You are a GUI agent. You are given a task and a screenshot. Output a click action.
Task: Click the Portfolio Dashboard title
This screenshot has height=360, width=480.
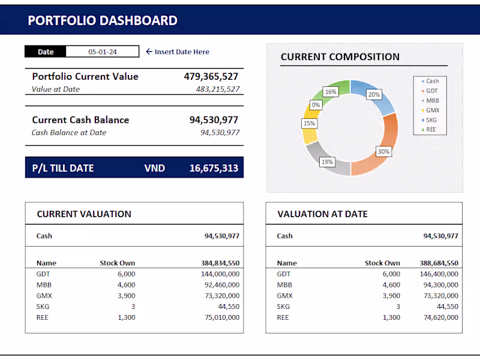(x=103, y=20)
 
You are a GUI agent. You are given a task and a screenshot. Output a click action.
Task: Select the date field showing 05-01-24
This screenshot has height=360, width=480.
(x=102, y=52)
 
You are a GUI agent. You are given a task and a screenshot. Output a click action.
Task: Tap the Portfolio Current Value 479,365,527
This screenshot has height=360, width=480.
(x=211, y=76)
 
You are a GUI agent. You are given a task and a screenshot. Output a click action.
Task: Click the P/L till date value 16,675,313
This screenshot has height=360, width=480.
(x=214, y=168)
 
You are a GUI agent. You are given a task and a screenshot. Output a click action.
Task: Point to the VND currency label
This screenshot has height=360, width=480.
(x=154, y=168)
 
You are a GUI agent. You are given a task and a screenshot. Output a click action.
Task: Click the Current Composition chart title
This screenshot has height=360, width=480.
(x=340, y=57)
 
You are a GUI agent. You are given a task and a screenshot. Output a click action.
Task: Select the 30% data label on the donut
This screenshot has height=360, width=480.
(x=383, y=152)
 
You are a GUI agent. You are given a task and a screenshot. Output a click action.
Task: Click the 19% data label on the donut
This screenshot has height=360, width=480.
(x=327, y=162)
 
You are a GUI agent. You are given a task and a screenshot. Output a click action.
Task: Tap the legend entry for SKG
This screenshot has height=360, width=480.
(x=431, y=120)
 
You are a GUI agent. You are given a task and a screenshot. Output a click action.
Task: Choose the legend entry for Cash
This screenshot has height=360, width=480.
(x=432, y=81)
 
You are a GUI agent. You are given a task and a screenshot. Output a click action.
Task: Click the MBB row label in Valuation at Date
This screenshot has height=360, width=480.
(x=284, y=285)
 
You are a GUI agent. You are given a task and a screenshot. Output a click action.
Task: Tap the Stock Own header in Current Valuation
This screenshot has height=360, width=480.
(x=117, y=263)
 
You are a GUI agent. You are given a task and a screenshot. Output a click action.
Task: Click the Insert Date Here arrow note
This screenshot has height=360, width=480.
(x=178, y=52)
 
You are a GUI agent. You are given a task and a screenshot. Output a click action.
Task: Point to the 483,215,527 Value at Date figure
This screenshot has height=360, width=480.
(x=218, y=89)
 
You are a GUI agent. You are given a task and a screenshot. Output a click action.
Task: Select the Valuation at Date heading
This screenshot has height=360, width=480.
(x=322, y=214)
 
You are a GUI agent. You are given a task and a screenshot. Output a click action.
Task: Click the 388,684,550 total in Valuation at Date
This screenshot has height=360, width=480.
(x=439, y=263)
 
